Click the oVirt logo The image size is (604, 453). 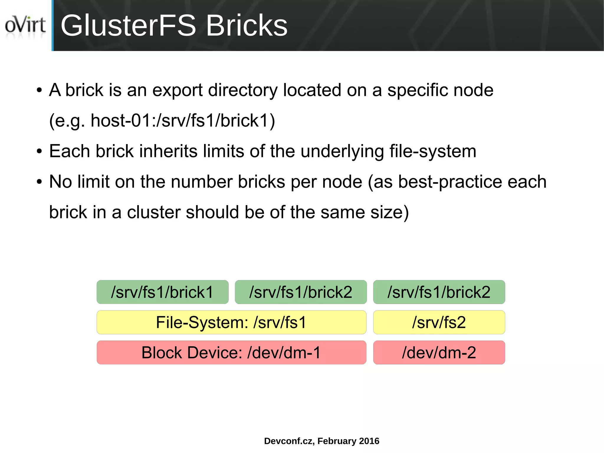pos(25,25)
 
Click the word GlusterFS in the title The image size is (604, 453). pos(128,26)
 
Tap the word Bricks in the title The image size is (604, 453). pos(246,26)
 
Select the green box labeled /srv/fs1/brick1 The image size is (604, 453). pos(163,292)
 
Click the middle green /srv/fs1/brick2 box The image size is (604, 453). pos(301,292)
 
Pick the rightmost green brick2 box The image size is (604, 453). pos(439,292)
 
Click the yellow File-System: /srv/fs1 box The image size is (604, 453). pos(231,322)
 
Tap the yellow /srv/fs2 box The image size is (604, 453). pos(439,322)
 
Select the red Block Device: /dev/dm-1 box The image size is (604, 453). pos(231,352)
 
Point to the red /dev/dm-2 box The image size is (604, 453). pos(439,352)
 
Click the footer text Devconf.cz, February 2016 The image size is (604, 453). pos(321,441)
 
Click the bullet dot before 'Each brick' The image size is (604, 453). pos(40,152)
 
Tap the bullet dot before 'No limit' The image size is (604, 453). pos(40,182)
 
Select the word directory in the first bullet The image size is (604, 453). pos(242,90)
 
